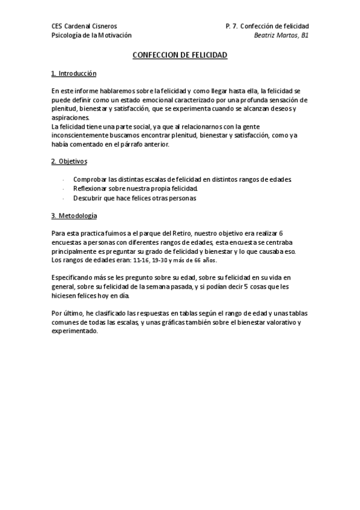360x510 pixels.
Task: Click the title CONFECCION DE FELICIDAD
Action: pyautogui.click(x=180, y=55)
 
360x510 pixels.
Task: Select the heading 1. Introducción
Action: pyautogui.click(x=74, y=73)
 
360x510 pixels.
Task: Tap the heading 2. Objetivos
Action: pyautogui.click(x=70, y=161)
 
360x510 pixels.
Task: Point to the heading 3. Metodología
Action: pyautogui.click(x=75, y=215)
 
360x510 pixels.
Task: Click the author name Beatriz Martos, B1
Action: pyautogui.click(x=281, y=35)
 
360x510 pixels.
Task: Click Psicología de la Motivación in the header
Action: pyautogui.click(x=91, y=35)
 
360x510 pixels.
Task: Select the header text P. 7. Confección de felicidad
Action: pyautogui.click(x=267, y=26)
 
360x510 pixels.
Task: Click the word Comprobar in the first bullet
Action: pyautogui.click(x=90, y=179)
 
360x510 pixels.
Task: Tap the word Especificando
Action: pyautogui.click(x=76, y=278)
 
